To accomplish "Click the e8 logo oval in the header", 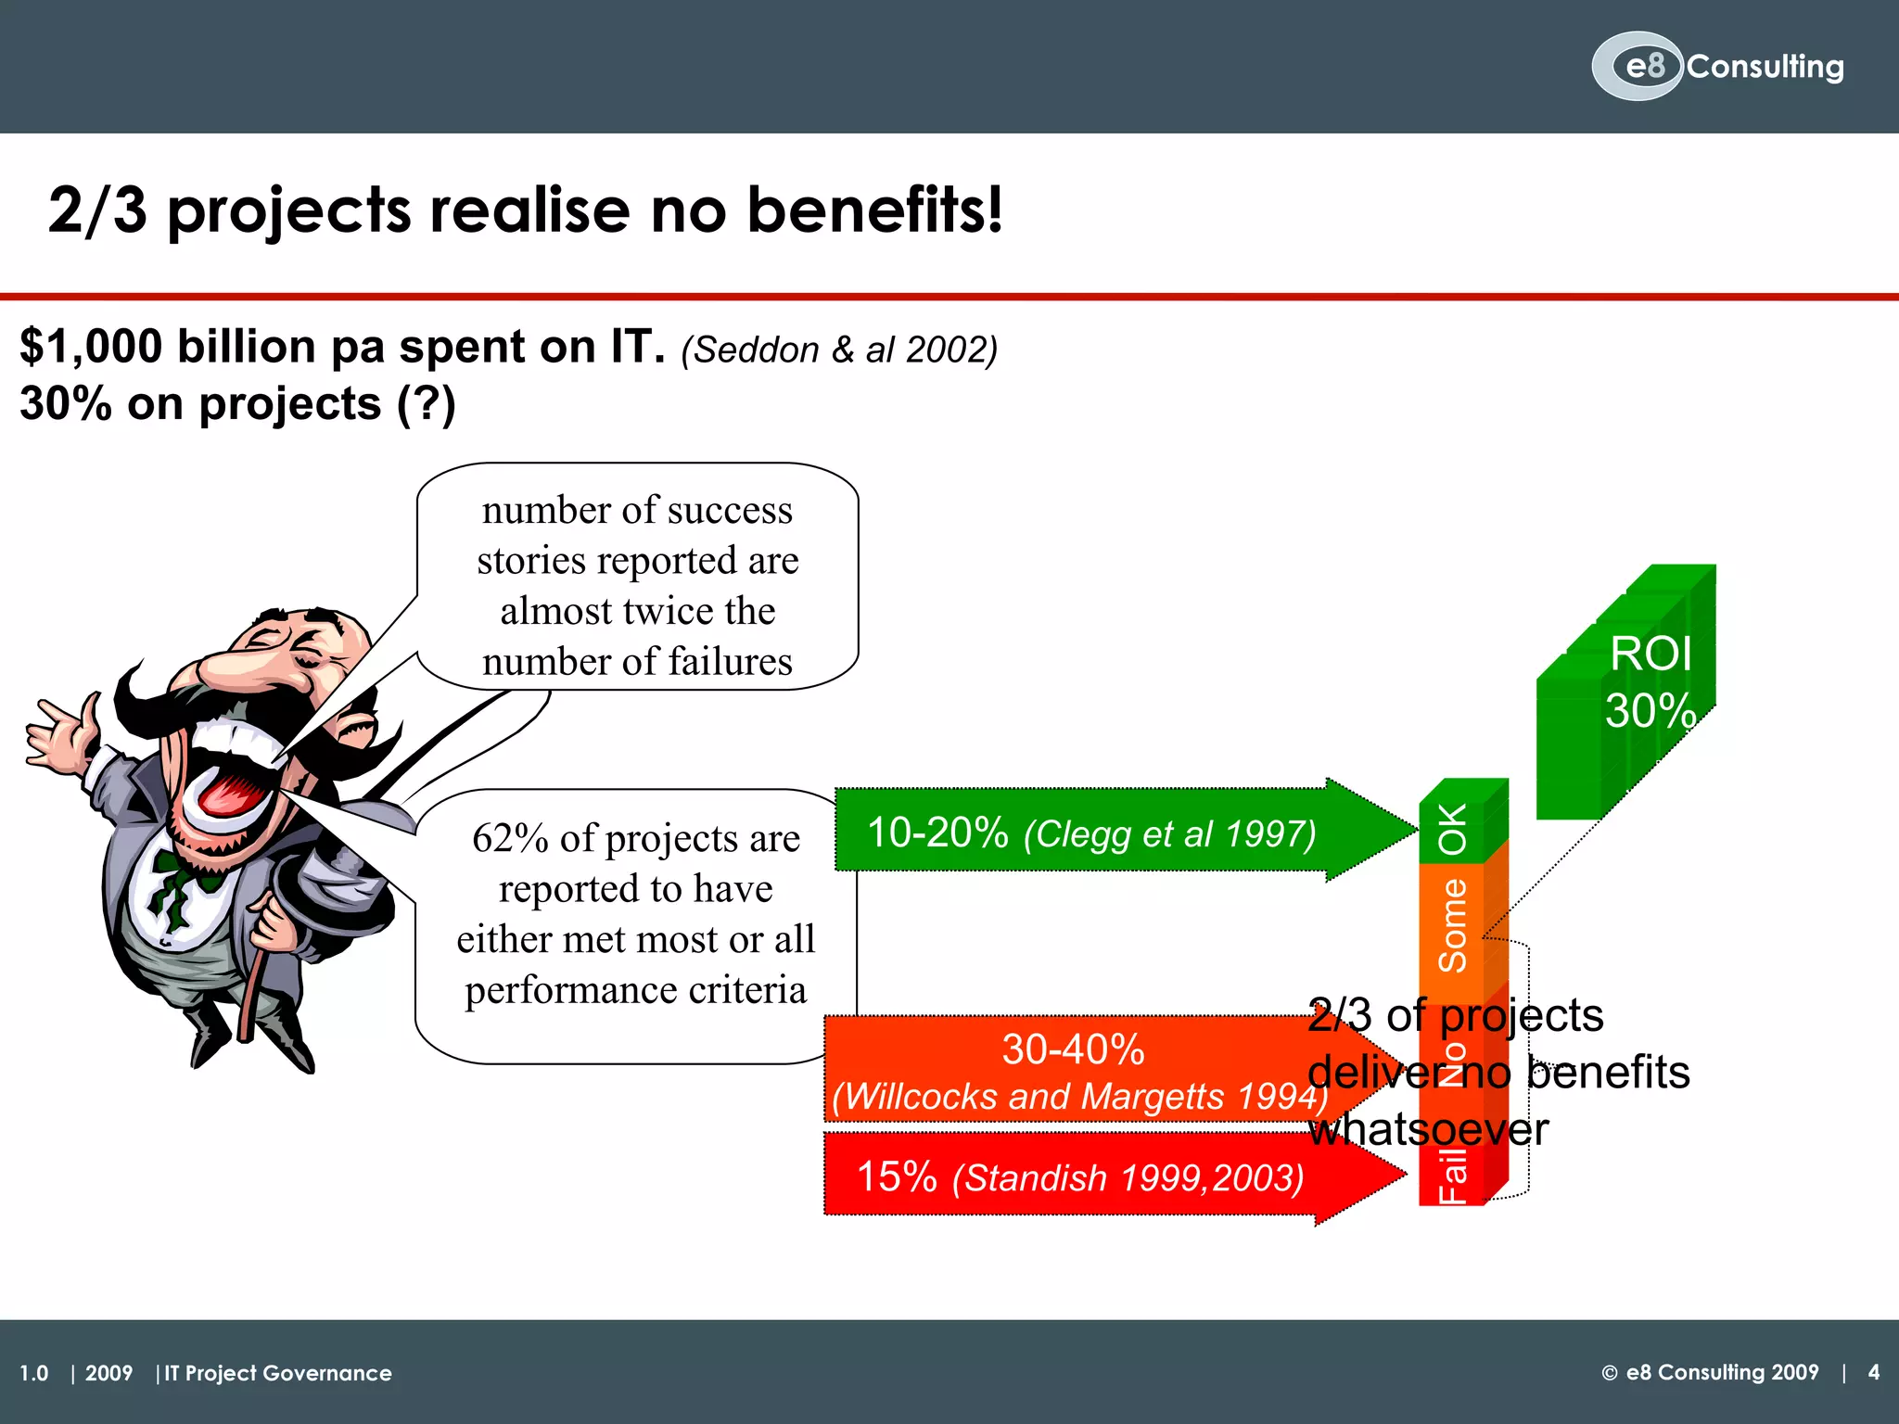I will pyautogui.click(x=1638, y=66).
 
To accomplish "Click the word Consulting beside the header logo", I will pyautogui.click(x=1765, y=67).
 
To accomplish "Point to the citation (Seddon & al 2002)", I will pyautogui.click(x=839, y=350).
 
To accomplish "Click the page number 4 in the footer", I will pyautogui.click(x=1873, y=1372).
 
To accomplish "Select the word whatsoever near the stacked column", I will pyautogui.click(x=1428, y=1130).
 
